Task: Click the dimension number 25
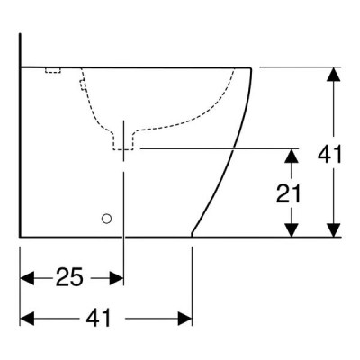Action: pos(68,277)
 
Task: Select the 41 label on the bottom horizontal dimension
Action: pos(98,318)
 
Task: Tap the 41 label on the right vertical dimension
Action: pos(329,155)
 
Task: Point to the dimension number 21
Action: pos(288,193)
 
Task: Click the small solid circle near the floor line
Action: pos(106,219)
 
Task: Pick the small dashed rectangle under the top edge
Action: pos(53,70)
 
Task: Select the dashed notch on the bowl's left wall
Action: pos(83,85)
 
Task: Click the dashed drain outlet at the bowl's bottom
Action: pos(123,141)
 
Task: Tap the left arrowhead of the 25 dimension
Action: pos(27,278)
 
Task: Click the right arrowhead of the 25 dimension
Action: pos(116,278)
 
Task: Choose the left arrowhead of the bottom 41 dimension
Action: pos(27,319)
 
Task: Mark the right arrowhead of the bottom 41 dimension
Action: pos(184,319)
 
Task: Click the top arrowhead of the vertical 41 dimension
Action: pos(334,74)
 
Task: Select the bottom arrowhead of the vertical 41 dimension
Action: pos(334,230)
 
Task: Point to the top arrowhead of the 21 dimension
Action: pos(292,156)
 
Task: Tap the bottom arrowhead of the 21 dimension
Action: pos(292,230)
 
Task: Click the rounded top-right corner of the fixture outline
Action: pos(250,69)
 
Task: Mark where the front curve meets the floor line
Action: pos(192,237)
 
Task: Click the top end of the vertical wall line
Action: pos(20,33)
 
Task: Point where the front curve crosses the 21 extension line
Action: pos(233,148)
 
